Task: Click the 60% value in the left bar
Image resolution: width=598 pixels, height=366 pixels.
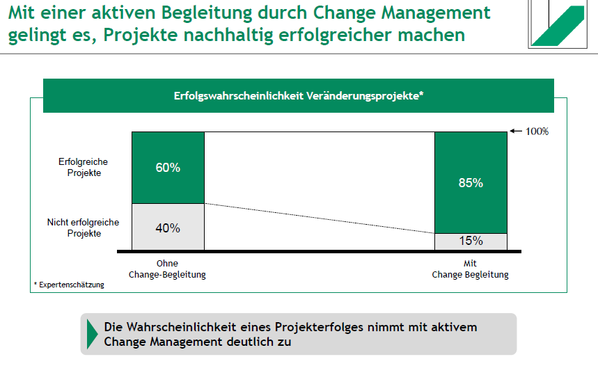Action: (168, 168)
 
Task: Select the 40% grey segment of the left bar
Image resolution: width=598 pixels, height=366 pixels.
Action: (168, 227)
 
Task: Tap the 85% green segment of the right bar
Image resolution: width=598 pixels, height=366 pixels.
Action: (471, 183)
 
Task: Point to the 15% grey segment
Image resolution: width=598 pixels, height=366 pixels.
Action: (471, 241)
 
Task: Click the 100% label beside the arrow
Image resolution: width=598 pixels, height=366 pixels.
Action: (537, 131)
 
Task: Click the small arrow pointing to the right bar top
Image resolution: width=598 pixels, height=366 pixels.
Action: (516, 131)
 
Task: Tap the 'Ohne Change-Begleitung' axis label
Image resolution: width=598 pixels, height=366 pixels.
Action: (167, 269)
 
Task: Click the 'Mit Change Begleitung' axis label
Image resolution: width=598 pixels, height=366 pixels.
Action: (471, 269)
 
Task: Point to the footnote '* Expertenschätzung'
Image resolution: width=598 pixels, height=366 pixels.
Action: (69, 285)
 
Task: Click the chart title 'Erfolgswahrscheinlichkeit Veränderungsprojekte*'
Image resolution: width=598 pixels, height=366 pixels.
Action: (299, 96)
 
